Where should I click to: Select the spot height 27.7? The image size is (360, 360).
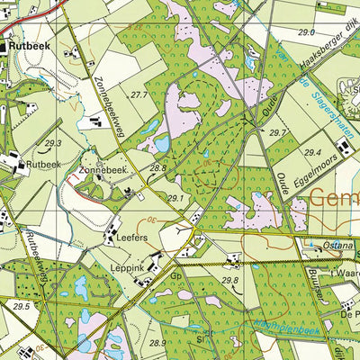pyautogui.click(x=138, y=94)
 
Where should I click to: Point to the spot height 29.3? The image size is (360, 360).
pyautogui.click(x=53, y=143)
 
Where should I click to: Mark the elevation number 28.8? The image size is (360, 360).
pyautogui.click(x=158, y=168)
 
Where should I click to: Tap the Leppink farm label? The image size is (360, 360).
pyautogui.click(x=130, y=267)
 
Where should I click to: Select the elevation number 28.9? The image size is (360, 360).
pyautogui.click(x=157, y=343)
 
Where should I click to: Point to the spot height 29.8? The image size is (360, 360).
pyautogui.click(x=229, y=281)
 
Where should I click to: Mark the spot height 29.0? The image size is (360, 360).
pyautogui.click(x=307, y=32)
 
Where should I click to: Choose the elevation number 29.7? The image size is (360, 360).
pyautogui.click(x=277, y=132)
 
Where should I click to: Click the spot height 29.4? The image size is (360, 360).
pyautogui.click(x=312, y=153)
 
